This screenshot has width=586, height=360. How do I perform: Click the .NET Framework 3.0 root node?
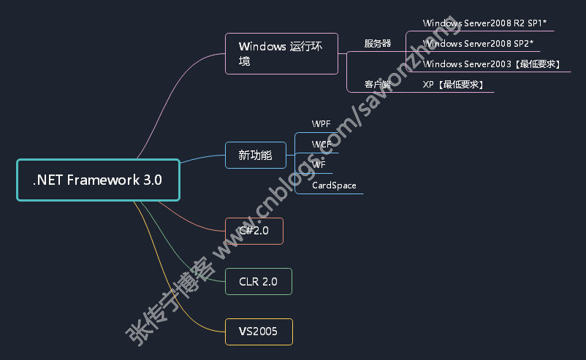coord(98,180)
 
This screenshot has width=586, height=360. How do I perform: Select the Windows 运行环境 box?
coord(281,53)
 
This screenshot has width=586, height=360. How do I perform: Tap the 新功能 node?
coord(255,155)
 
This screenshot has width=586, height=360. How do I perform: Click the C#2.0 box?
coord(254,231)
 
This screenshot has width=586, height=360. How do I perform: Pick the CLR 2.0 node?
coord(258,281)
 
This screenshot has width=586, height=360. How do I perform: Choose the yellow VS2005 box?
coord(258,332)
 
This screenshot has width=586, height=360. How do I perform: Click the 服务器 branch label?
coord(378,44)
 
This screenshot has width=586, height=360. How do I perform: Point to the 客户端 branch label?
coord(378,85)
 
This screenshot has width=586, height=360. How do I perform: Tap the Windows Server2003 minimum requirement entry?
coord(492,64)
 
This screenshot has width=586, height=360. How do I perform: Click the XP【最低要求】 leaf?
coord(453,85)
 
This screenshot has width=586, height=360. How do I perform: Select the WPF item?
coord(321,123)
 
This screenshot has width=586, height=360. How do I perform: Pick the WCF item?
coord(321,144)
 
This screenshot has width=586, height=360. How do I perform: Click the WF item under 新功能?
coord(319,164)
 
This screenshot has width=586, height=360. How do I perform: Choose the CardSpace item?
coord(334,185)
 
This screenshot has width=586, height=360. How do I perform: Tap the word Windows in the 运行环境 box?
coord(262,47)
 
